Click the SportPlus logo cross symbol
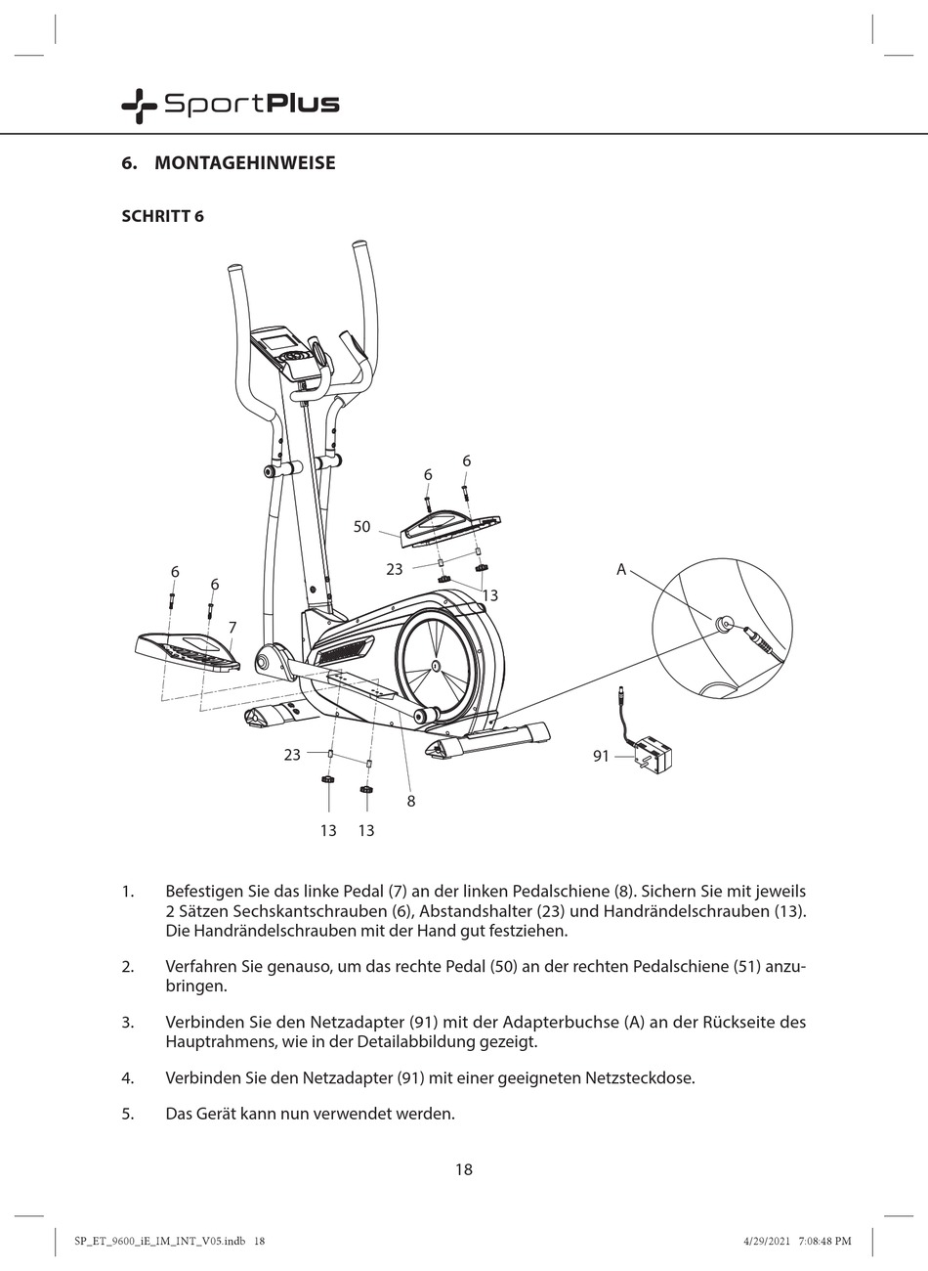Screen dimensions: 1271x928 138,105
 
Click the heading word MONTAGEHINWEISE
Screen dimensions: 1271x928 244,163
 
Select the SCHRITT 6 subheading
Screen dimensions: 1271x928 162,216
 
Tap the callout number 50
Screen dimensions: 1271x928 361,527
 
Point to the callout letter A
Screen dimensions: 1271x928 620,569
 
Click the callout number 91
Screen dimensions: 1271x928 601,756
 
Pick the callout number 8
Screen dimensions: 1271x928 411,801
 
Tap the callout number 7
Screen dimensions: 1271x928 232,627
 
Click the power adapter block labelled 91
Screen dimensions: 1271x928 652,756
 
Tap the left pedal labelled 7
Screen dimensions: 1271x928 186,650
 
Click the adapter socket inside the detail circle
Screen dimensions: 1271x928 724,623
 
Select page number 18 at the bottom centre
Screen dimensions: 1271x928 464,1168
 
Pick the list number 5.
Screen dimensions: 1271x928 127,1114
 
